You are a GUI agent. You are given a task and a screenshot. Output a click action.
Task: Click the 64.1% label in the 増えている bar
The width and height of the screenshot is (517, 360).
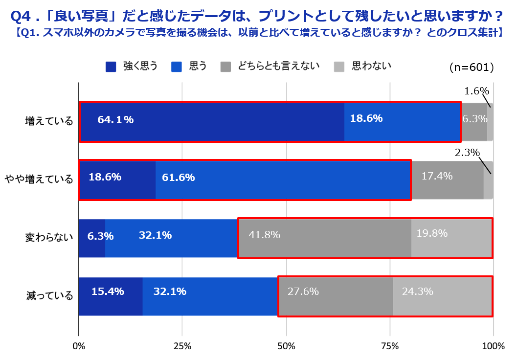point(115,120)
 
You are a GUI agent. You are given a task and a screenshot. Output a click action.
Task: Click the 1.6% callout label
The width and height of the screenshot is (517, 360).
point(476,90)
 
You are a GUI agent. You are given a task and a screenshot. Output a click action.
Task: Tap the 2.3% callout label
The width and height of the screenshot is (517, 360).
point(467,153)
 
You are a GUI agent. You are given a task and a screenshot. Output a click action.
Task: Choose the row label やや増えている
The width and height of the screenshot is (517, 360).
point(39,180)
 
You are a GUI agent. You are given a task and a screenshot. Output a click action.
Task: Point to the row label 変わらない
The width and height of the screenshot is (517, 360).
point(49,238)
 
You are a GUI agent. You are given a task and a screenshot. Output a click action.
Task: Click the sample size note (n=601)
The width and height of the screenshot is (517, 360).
point(471,67)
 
